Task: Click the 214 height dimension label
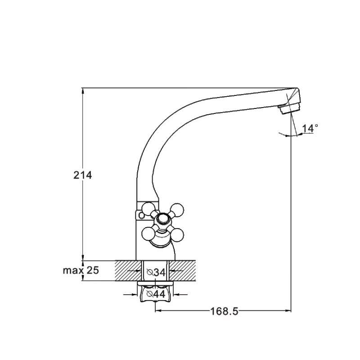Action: click(x=83, y=175)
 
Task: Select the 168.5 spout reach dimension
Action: click(x=224, y=311)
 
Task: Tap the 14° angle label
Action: click(x=310, y=128)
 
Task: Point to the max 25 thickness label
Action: click(x=81, y=270)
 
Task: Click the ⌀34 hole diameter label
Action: click(x=156, y=272)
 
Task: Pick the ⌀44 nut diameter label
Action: click(x=156, y=294)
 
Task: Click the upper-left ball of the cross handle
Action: click(x=148, y=208)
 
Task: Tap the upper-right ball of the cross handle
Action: click(x=177, y=210)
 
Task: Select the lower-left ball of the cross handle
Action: click(x=148, y=234)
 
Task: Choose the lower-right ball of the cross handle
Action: click(x=177, y=235)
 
